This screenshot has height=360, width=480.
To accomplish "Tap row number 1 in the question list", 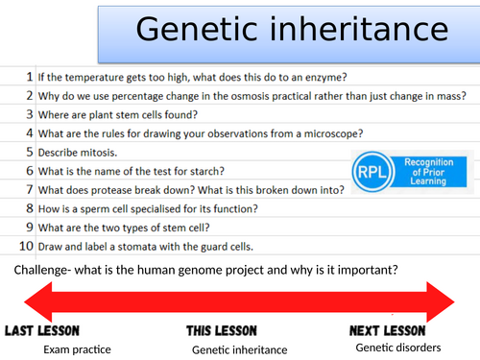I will [x=29, y=74].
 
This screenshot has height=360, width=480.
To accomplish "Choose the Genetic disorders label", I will [x=398, y=347].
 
